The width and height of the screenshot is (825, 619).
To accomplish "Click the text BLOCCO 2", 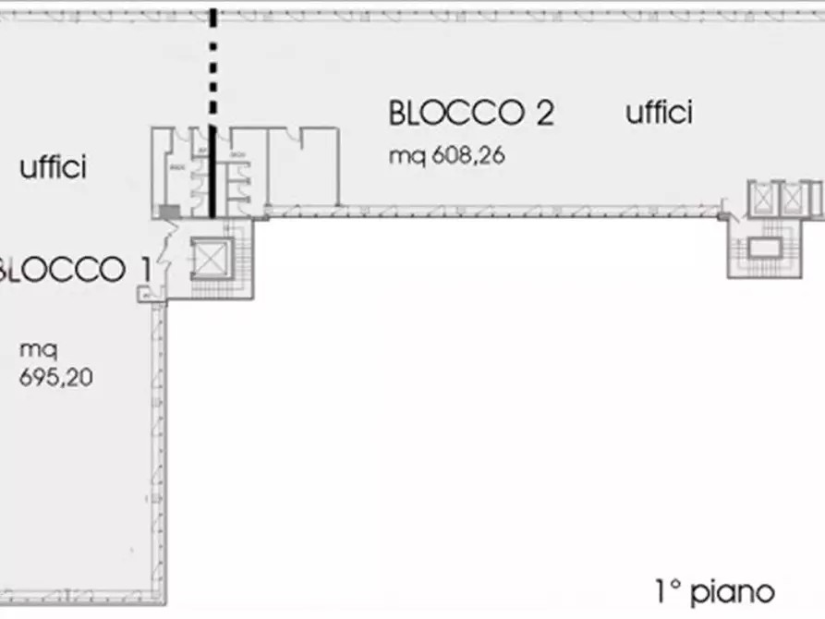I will (x=471, y=113).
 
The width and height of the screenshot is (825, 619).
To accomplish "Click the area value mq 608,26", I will (x=446, y=155).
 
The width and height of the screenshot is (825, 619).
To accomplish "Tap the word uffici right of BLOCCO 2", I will (x=660, y=113).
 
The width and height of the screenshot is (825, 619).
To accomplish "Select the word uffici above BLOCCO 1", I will (x=53, y=168).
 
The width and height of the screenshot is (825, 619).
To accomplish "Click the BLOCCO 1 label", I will (x=74, y=270).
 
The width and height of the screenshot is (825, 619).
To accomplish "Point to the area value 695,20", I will (x=55, y=377).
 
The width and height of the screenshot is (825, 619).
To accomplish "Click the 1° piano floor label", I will (x=709, y=591).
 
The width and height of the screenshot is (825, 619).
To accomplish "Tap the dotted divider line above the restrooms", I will (x=214, y=65).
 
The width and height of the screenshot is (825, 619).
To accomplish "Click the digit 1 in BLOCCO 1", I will (x=144, y=270).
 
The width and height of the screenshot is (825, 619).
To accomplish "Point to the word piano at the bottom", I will (x=736, y=591).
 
